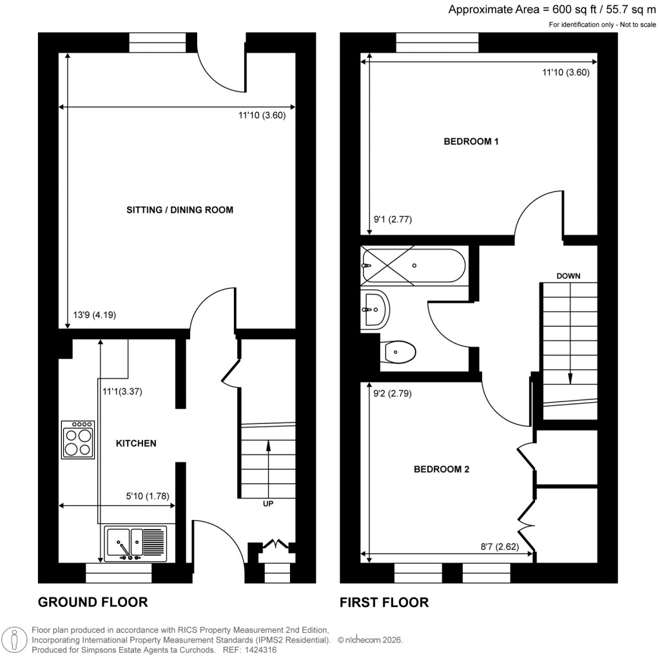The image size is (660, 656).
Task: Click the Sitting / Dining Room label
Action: pyautogui.click(x=179, y=209)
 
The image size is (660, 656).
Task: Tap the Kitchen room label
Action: pyautogui.click(x=136, y=443)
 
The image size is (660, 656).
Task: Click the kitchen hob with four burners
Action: pyautogui.click(x=78, y=439)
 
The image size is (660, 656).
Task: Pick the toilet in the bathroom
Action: pyautogui.click(x=400, y=352)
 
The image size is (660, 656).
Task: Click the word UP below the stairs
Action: pyautogui.click(x=268, y=504)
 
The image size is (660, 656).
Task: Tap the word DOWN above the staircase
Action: pyautogui.click(x=568, y=276)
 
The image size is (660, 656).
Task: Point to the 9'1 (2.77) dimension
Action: pyautogui.click(x=393, y=220)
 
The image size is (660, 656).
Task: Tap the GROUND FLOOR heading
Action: pyautogui.click(x=93, y=602)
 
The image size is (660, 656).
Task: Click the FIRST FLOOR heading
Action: pyautogui.click(x=384, y=602)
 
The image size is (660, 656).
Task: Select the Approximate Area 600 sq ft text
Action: pyautogui.click(x=552, y=9)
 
